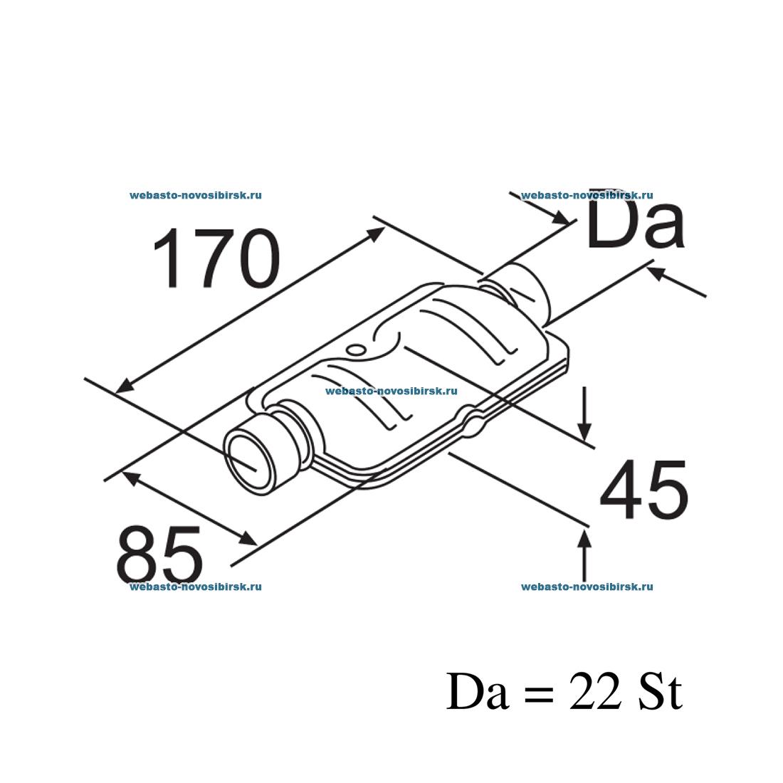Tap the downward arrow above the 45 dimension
click(584, 427)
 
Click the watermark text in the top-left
click(196, 194)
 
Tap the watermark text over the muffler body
click(391, 390)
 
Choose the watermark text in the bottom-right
click(587, 587)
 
